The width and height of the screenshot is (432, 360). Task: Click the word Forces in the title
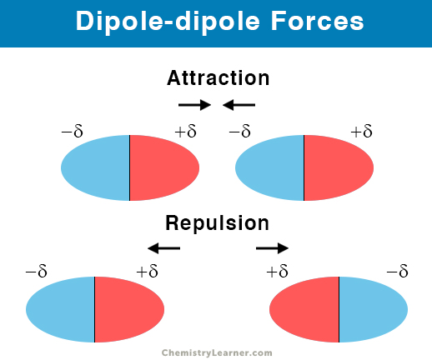(318, 21)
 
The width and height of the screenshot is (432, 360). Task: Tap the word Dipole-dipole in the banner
(168, 22)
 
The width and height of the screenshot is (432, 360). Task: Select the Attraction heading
(219, 77)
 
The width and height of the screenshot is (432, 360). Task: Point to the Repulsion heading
(218, 223)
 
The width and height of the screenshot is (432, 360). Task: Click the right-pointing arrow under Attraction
(194, 105)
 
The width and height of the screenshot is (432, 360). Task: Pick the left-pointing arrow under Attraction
(239, 105)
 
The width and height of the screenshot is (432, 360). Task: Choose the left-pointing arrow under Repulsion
(163, 248)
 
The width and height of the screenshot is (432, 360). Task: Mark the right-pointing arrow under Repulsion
(272, 248)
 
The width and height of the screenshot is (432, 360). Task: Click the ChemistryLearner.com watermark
(217, 352)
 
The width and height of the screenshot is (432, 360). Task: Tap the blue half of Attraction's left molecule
(95, 167)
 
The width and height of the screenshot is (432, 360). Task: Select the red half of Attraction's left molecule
(164, 167)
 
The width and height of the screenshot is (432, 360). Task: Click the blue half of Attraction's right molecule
(269, 167)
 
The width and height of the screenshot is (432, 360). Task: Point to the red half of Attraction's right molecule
(339, 167)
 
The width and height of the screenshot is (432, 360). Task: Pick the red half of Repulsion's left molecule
(129, 309)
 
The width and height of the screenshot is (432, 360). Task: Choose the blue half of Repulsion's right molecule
(374, 309)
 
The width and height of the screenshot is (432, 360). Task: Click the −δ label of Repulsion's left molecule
(36, 271)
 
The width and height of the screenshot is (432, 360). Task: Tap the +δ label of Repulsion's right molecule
(277, 271)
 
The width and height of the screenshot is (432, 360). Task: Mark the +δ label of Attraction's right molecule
(361, 131)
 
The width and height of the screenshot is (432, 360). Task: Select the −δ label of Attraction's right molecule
(239, 131)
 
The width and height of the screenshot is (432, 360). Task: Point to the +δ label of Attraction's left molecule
(185, 131)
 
